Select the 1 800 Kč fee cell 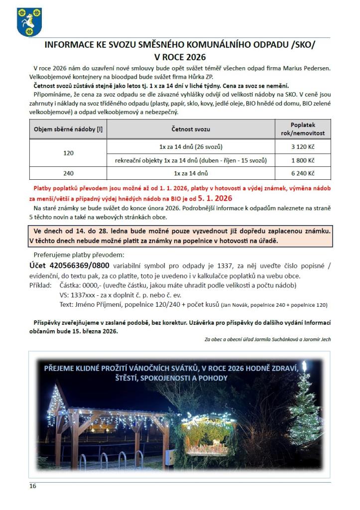point(303,160)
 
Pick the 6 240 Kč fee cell point(303,173)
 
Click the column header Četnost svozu point(191,129)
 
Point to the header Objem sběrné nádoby point(68,129)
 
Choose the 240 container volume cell point(68,173)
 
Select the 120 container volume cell point(68,153)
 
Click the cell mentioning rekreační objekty point(191,160)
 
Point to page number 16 point(32,486)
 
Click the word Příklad point(40,285)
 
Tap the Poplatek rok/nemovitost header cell point(303,129)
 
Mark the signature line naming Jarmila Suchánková point(267,339)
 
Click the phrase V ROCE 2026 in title point(180,57)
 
